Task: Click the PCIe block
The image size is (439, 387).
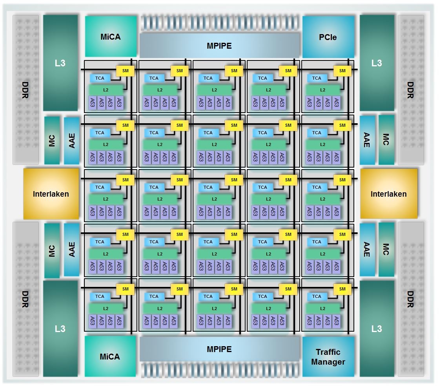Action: pyautogui.click(x=328, y=37)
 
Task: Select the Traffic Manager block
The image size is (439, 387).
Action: pyautogui.click(x=328, y=356)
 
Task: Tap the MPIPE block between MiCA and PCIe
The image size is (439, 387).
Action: pyautogui.click(x=219, y=46)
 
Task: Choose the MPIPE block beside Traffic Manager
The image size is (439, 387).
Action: pyautogui.click(x=219, y=349)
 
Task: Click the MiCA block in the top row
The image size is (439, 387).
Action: pyautogui.click(x=110, y=37)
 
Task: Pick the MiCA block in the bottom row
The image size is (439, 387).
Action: pyautogui.click(x=110, y=356)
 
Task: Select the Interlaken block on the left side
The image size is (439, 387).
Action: pyautogui.click(x=51, y=194)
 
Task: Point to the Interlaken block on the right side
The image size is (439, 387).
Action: pyautogui.click(x=388, y=194)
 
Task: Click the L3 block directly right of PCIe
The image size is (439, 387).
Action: pyautogui.click(x=377, y=63)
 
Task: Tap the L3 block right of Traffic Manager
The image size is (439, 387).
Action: pyautogui.click(x=377, y=329)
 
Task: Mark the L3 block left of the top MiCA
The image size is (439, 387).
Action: pyautogui.click(x=60, y=63)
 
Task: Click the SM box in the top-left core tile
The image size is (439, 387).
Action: pyautogui.click(x=125, y=71)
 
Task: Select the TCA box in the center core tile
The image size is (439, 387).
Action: pyautogui.click(x=208, y=187)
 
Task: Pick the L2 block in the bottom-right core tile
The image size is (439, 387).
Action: pyautogui.click(x=322, y=308)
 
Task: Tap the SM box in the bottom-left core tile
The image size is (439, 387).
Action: pyautogui.click(x=125, y=289)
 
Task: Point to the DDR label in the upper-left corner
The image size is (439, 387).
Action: pyautogui.click(x=26, y=89)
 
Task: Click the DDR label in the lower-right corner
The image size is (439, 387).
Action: pyautogui.click(x=410, y=299)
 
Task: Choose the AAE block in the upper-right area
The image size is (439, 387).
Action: pyautogui.click(x=367, y=140)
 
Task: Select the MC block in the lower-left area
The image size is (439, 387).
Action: pyautogui.click(x=52, y=251)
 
